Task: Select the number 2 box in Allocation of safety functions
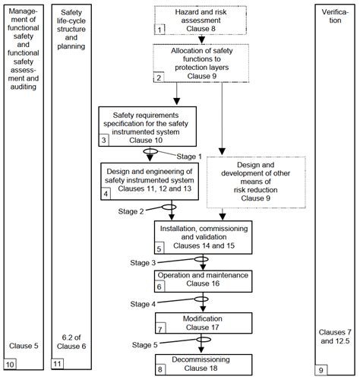(x=158, y=78)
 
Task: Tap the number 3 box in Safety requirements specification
(x=105, y=141)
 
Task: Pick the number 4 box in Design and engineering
(x=106, y=194)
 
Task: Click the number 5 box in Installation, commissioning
(x=159, y=248)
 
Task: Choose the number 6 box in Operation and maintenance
(x=159, y=287)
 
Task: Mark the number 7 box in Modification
(x=159, y=329)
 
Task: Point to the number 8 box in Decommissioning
(x=159, y=369)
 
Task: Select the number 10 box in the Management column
(x=9, y=369)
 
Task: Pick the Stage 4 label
(x=144, y=303)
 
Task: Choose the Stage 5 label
(x=144, y=344)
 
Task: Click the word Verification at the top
(x=336, y=13)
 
